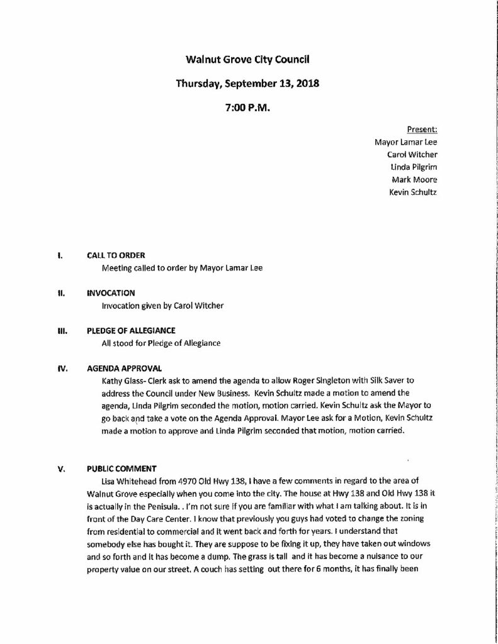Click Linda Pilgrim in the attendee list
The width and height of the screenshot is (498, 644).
[x=414, y=167]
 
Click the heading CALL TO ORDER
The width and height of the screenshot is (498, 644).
[x=116, y=255]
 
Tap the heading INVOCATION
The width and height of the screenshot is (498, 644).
[x=111, y=293]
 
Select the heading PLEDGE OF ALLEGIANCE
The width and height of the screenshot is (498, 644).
[x=131, y=331]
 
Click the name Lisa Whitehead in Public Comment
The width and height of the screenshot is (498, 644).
[x=126, y=480]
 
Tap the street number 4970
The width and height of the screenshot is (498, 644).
[x=187, y=480]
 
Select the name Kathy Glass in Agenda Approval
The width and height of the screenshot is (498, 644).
[x=120, y=381]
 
